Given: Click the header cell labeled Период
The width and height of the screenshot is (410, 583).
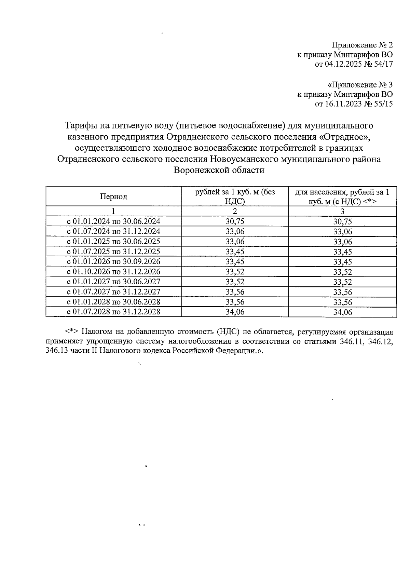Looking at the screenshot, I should pos(113,196).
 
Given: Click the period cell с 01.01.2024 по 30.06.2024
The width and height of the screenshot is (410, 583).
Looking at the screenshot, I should pos(113,221).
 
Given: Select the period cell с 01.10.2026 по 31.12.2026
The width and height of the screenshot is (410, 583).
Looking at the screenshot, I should pos(113,272).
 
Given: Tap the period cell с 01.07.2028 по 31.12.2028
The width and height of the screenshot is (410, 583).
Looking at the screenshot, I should pos(113,312).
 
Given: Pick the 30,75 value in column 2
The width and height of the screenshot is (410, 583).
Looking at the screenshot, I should pos(235,221).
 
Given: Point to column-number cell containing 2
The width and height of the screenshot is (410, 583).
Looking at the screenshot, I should pos(235,211).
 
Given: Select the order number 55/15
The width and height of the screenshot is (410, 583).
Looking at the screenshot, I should pos(382,104).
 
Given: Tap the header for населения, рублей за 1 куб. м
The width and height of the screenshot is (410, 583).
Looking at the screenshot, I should pos(342,196).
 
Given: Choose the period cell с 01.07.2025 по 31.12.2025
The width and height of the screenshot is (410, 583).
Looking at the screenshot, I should pos(113,252).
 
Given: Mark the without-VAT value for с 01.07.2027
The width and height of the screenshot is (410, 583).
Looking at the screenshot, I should pos(235,292).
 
